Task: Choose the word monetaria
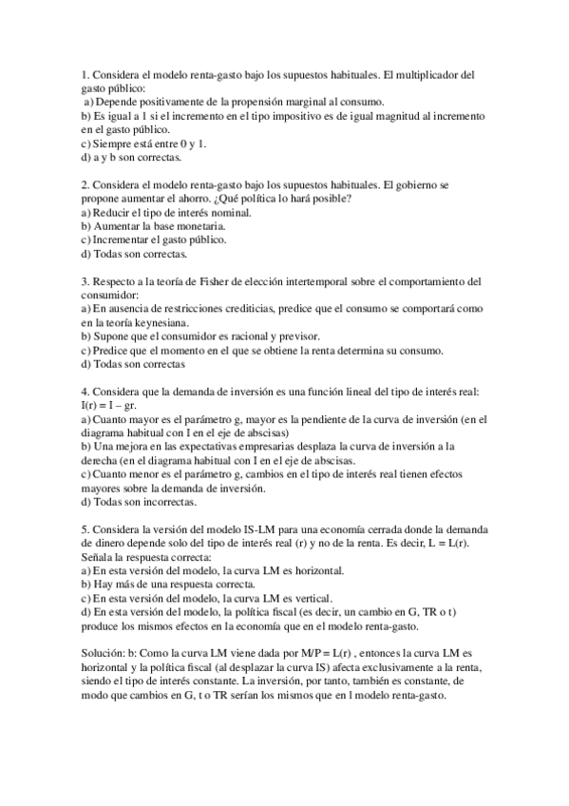[x=199, y=226]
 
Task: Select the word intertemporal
[x=303, y=281]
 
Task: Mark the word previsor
[x=297, y=336]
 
